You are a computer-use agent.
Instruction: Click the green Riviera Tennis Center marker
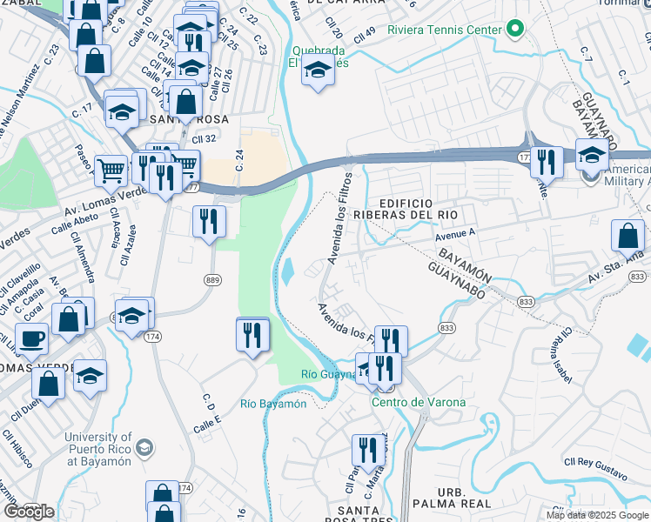point(514,30)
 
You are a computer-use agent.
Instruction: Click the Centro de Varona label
point(419,402)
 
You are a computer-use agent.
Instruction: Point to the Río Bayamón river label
point(273,404)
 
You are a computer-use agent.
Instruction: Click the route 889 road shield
point(212,279)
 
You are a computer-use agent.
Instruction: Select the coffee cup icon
point(32,338)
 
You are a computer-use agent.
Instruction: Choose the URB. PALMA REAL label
point(464,498)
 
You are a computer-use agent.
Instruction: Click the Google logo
point(28,512)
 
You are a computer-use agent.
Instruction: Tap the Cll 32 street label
point(203,138)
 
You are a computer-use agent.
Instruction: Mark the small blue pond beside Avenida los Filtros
point(287,273)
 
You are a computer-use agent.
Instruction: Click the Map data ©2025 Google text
point(596,515)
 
